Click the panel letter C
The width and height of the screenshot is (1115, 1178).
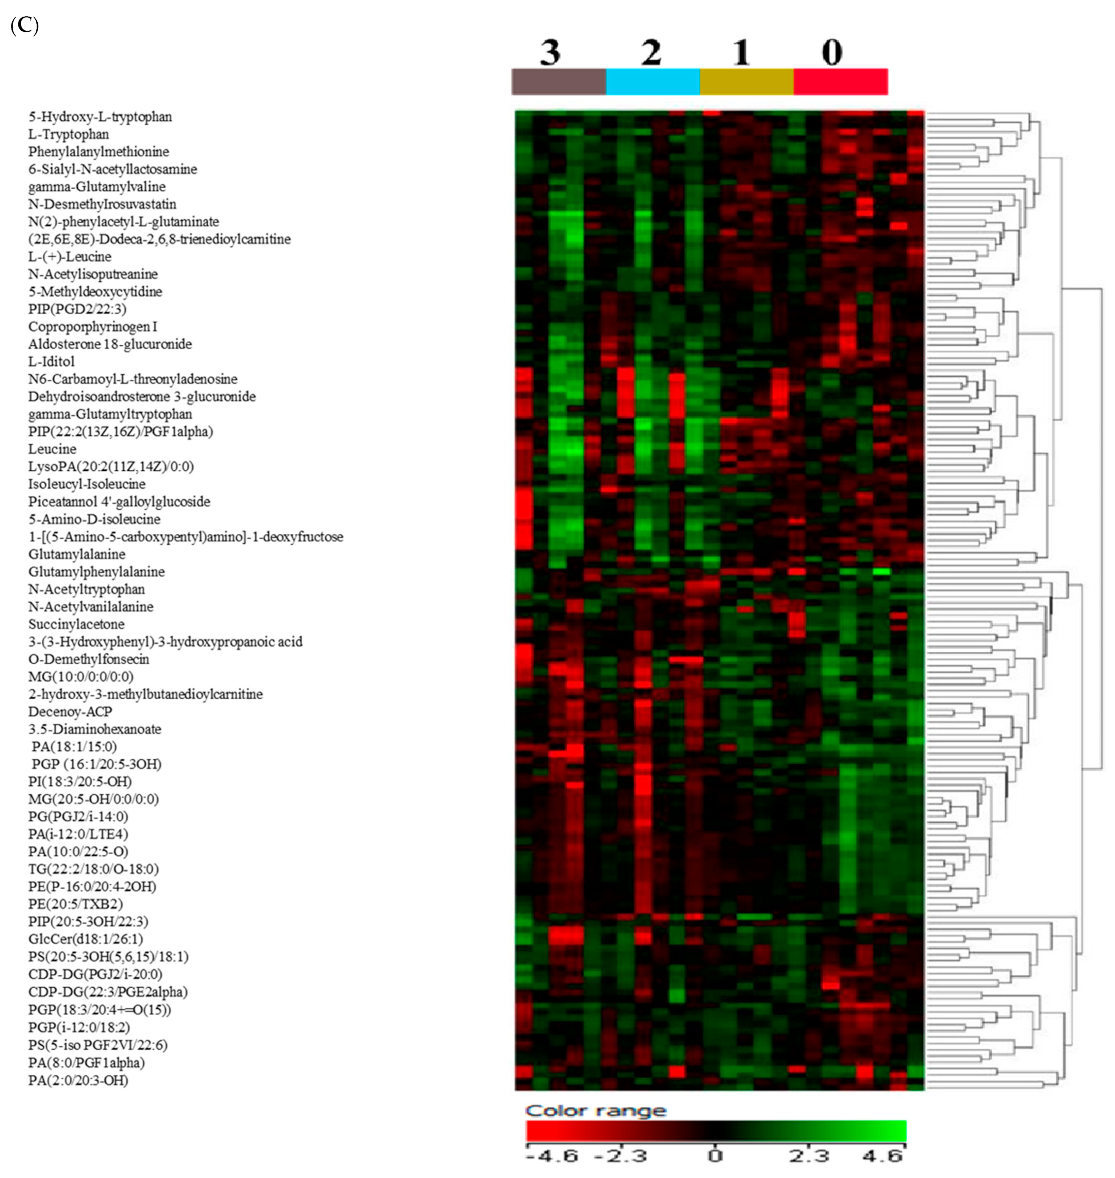click(24, 26)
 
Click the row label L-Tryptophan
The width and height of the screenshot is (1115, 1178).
click(68, 134)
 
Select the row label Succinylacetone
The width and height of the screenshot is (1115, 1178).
click(76, 624)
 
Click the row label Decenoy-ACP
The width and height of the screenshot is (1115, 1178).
click(70, 712)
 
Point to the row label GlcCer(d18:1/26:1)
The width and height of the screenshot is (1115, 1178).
click(86, 939)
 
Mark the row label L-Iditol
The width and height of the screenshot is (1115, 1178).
click(51, 361)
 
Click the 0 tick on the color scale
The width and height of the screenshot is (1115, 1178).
click(715, 1155)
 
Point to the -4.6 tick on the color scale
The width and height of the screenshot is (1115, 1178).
click(552, 1155)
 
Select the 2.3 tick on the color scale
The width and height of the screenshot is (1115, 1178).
click(809, 1155)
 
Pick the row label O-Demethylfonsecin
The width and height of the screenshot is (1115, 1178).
click(89, 659)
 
